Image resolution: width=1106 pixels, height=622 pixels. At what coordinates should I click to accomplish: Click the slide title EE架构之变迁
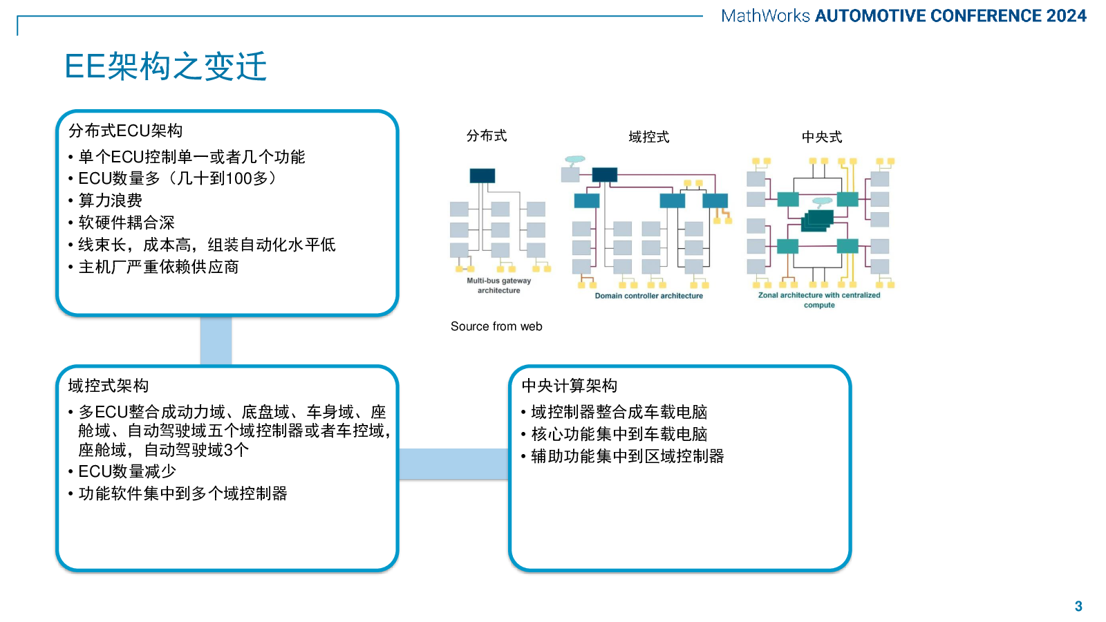pyautogui.click(x=166, y=67)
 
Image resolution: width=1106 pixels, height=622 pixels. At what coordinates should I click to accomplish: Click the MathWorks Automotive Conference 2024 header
pyautogui.click(x=903, y=16)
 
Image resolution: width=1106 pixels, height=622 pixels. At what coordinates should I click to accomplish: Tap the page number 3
pyautogui.click(x=1078, y=606)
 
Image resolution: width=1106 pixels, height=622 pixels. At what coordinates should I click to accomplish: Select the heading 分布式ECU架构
pyautogui.click(x=125, y=131)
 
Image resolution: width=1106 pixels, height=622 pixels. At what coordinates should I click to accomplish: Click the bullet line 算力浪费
pyautogui.click(x=110, y=200)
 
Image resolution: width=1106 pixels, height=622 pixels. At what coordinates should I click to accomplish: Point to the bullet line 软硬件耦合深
pyautogui.click(x=126, y=223)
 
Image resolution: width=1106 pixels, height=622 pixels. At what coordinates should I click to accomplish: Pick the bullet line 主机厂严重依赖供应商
pyautogui.click(x=158, y=267)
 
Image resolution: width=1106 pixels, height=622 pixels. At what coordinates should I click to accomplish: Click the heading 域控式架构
pyautogui.click(x=109, y=386)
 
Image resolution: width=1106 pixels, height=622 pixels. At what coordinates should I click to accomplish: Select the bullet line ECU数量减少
pyautogui.click(x=127, y=471)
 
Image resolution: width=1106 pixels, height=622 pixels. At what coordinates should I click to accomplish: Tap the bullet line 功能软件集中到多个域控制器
pyautogui.click(x=182, y=493)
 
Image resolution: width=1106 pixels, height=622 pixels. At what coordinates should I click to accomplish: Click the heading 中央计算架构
pyautogui.click(x=570, y=386)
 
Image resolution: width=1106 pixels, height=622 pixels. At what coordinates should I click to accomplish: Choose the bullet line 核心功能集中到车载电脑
pyautogui.click(x=619, y=434)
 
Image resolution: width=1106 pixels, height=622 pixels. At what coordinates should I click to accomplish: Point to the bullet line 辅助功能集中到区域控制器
pyautogui.click(x=627, y=456)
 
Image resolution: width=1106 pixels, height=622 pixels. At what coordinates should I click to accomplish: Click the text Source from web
pyautogui.click(x=496, y=326)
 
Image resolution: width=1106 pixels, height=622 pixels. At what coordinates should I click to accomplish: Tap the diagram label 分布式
pyautogui.click(x=487, y=136)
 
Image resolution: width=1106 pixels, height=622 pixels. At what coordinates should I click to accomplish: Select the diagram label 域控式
pyautogui.click(x=648, y=137)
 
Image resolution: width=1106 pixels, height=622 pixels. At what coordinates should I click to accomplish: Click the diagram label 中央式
pyautogui.click(x=821, y=137)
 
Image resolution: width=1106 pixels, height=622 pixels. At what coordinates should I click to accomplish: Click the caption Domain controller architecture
pyautogui.click(x=648, y=296)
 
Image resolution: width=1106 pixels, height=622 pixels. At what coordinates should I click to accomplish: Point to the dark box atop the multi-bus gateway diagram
pyautogui.click(x=482, y=176)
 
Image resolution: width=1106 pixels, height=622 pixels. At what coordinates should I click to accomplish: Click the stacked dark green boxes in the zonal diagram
pyautogui.click(x=818, y=220)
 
